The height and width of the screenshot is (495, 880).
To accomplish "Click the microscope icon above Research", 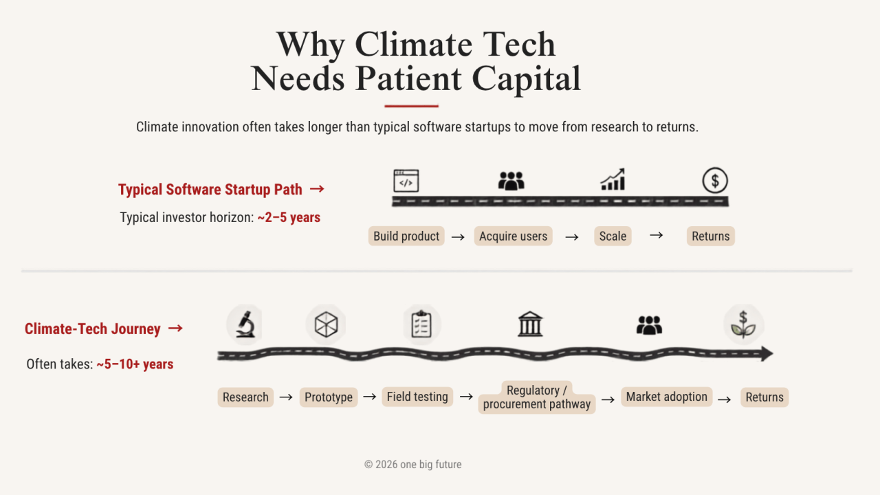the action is pos(245,324).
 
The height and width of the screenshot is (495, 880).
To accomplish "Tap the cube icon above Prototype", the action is pos(326,324).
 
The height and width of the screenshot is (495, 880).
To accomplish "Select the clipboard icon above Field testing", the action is pos(421,324).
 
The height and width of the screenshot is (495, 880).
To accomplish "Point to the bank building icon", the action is pos(530,324).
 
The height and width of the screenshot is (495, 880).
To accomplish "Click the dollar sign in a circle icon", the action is pos(715,180).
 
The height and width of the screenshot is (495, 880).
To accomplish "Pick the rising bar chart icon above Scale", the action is pos(613,179).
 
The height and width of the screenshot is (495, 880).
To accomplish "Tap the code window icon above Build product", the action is pos(406,181).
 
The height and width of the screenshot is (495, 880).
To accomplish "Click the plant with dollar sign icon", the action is pos(743,324).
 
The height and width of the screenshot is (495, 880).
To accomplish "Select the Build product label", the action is pos(406,236).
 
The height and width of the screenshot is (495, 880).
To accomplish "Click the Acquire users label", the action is pos(513,236).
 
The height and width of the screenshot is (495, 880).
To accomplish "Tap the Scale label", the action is pos(613,236).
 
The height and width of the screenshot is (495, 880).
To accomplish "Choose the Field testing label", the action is pos(417,397).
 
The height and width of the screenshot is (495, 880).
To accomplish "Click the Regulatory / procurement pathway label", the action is pos(537,397).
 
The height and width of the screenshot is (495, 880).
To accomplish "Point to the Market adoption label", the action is pos(667,397).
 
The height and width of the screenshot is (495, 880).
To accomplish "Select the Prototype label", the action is pos(329,397).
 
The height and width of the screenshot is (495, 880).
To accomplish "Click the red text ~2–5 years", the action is pos(289,217).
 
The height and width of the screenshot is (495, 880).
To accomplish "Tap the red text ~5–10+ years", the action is pos(135,364).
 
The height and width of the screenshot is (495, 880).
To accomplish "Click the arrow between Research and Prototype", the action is pos(286,397).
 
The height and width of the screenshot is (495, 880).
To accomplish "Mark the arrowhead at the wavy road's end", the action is pos(767,353).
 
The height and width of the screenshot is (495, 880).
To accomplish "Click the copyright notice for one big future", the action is pos(413,464).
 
